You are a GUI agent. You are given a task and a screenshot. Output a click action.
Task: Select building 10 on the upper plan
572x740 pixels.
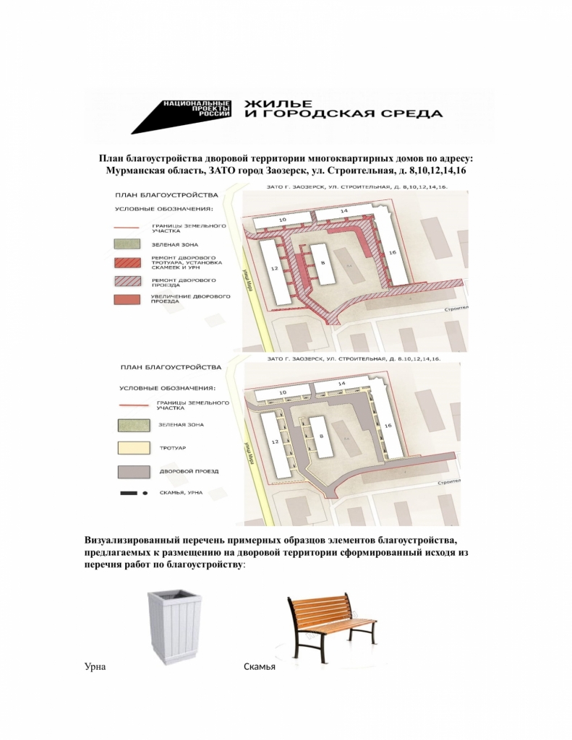[x=283, y=219]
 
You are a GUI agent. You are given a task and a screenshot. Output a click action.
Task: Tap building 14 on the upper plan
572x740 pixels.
[x=343, y=210]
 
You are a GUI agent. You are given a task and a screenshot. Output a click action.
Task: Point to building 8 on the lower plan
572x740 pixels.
[x=321, y=436]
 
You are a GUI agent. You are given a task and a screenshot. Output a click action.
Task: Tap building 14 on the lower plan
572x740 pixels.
[x=342, y=382]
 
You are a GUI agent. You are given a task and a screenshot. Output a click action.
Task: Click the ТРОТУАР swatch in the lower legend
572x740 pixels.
[x=133, y=448]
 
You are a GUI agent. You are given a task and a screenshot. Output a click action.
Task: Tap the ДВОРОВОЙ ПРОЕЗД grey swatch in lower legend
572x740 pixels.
[x=133, y=471]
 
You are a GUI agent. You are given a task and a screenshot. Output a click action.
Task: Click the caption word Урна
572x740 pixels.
[x=95, y=666]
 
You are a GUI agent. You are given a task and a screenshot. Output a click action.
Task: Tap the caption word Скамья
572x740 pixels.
[x=260, y=666]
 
